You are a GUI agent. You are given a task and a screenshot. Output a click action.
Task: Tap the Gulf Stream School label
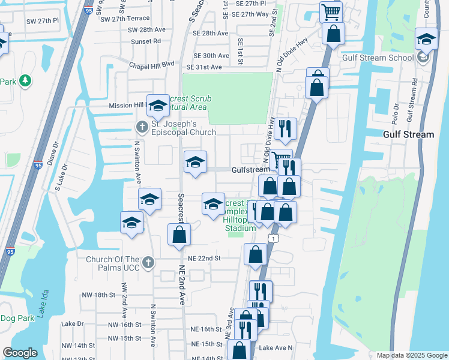[x=377, y=58]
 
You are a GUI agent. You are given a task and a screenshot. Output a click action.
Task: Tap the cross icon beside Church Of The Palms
[x=149, y=262]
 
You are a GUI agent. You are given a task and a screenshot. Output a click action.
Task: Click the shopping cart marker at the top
[x=330, y=11]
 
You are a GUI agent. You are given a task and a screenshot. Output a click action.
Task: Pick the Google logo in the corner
[x=20, y=353]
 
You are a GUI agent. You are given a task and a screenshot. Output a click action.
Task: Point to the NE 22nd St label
[x=205, y=258]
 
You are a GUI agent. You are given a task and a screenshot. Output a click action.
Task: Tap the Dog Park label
[x=17, y=318]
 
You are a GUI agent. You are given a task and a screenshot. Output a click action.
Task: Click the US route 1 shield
[x=274, y=238]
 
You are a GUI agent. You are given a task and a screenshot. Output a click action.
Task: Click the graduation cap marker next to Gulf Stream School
[x=426, y=39]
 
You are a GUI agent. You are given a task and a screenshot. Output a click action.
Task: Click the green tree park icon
[x=25, y=80]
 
